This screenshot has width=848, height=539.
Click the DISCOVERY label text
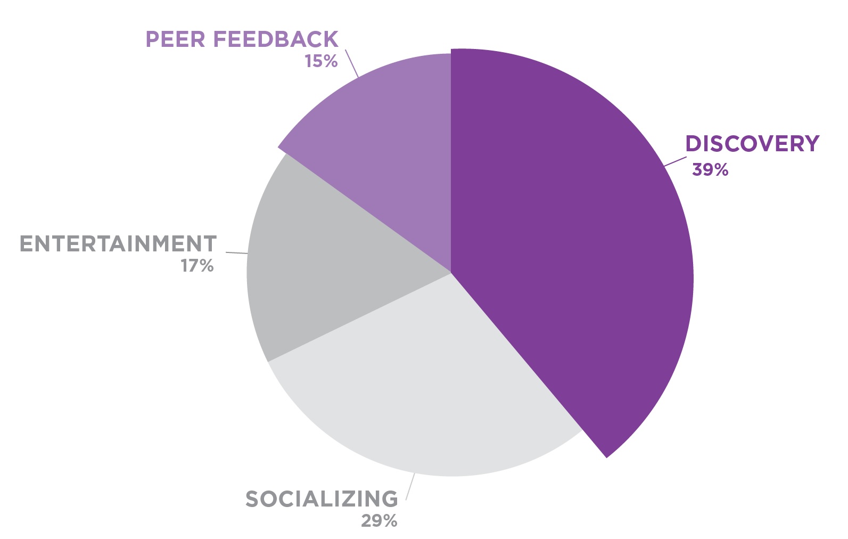click(x=752, y=144)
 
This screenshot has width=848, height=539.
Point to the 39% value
click(x=710, y=170)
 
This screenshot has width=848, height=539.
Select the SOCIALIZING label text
click(x=322, y=499)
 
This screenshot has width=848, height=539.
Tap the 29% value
click(x=379, y=521)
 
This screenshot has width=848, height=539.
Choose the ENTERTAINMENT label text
click(x=118, y=244)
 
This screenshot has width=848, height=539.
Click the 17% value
click(x=197, y=265)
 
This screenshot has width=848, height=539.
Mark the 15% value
click(x=321, y=61)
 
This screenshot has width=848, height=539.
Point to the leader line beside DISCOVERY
click(x=675, y=161)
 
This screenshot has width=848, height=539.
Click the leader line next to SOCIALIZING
click(x=410, y=486)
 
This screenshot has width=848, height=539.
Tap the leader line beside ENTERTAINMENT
click(x=236, y=252)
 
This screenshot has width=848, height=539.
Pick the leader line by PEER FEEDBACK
click(x=351, y=63)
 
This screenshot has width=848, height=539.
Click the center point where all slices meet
click(x=451, y=273)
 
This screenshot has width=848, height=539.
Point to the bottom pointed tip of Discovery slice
click(x=606, y=456)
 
